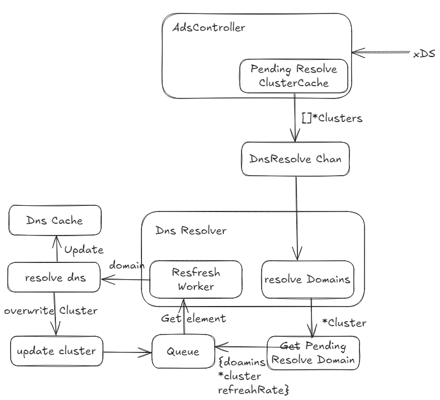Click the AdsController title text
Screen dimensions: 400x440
(209, 28)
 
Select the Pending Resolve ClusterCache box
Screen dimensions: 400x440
(294, 76)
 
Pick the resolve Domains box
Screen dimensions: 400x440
(307, 279)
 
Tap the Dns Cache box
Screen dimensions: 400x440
(54, 220)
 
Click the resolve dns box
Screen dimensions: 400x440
(54, 277)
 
